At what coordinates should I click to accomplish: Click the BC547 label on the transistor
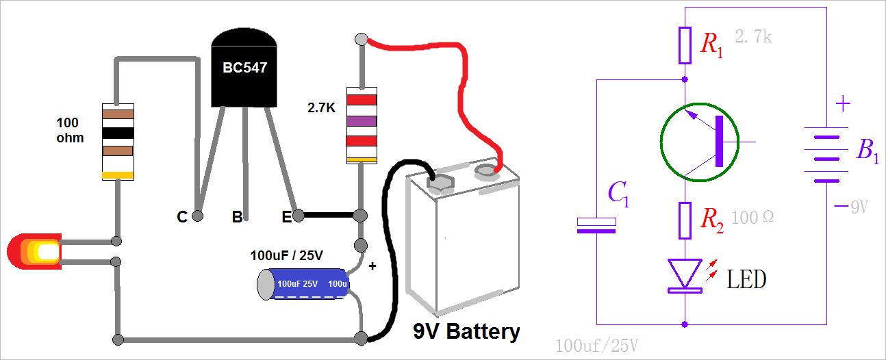244,68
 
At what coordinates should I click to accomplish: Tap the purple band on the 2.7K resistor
362,121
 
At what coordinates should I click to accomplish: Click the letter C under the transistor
181,217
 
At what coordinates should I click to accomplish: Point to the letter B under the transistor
237,217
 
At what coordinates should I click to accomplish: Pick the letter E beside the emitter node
286,217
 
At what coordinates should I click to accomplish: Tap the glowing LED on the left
34,252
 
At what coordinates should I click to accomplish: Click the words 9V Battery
466,332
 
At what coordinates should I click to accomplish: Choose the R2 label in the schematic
711,218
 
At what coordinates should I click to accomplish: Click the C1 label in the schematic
618,195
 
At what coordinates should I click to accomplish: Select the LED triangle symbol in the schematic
685,274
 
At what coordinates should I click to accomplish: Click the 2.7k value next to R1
753,37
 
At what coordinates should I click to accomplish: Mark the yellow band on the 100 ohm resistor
118,175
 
